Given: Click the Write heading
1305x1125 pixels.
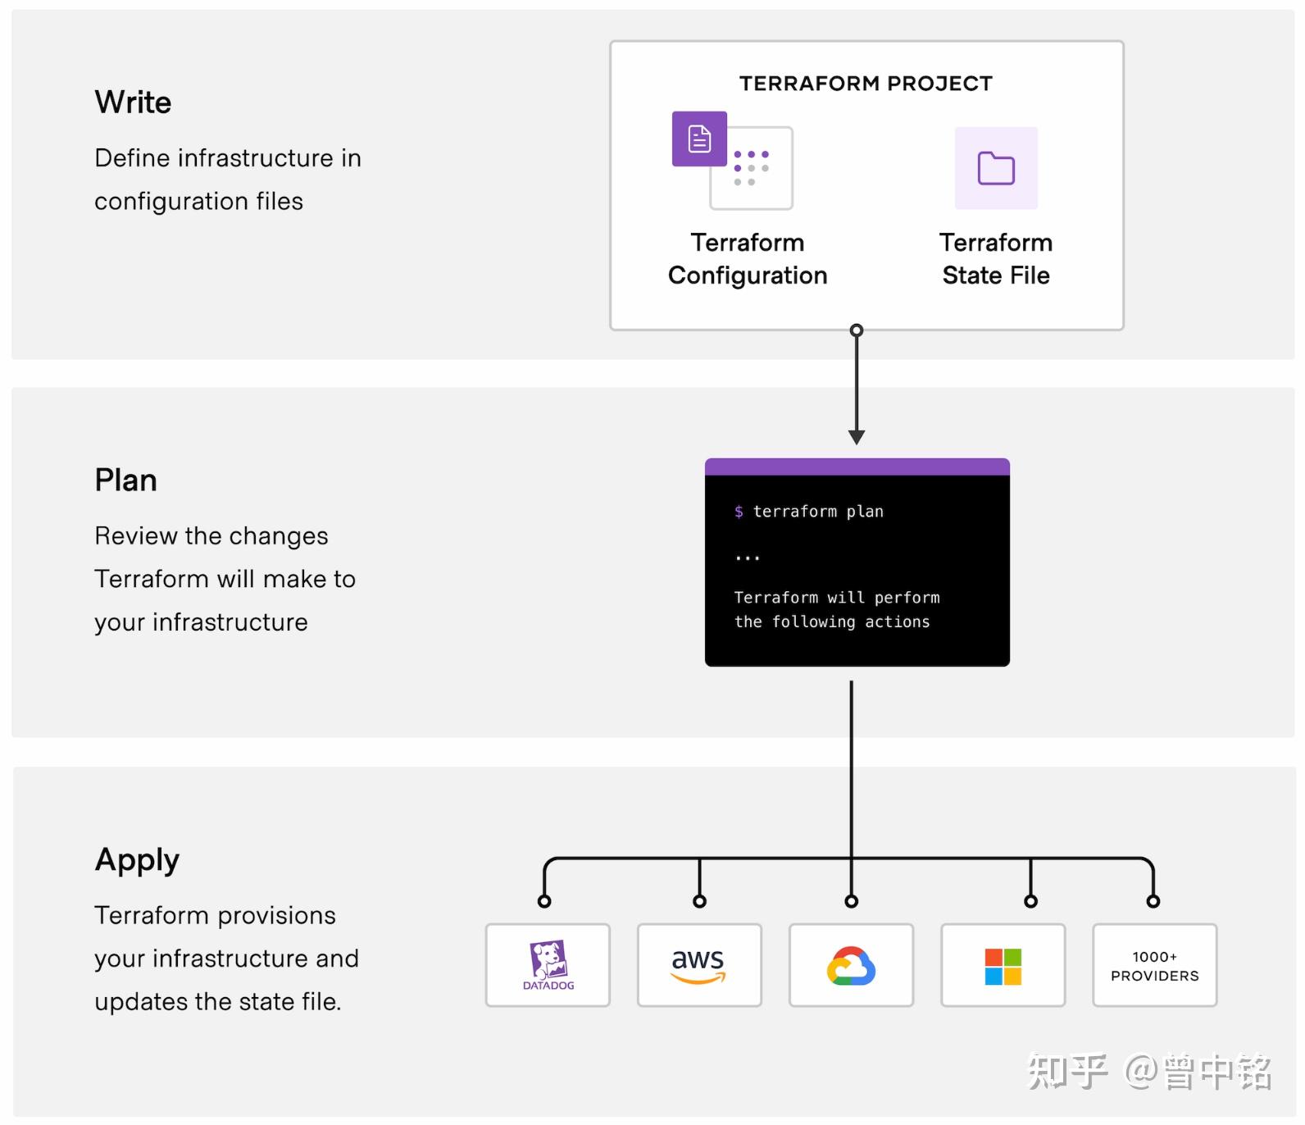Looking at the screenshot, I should click(x=133, y=102).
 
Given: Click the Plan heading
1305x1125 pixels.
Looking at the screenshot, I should click(x=125, y=481).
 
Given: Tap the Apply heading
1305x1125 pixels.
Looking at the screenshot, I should click(x=137, y=860).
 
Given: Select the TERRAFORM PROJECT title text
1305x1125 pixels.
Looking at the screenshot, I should click(x=866, y=84).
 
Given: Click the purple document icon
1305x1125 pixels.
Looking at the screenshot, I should click(x=699, y=139).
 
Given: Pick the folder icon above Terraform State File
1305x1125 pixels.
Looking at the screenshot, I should click(x=996, y=168).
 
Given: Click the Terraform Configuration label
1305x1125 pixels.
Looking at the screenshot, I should click(x=748, y=259).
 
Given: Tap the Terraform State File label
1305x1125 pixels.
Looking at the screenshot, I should click(x=996, y=259).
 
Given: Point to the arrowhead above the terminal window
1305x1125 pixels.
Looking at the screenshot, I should click(x=857, y=437).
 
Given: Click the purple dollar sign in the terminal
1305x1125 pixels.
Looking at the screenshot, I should click(x=739, y=512).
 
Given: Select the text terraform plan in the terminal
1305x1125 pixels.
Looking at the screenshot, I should click(x=818, y=512).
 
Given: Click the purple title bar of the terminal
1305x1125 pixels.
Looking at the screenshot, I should click(x=857, y=467).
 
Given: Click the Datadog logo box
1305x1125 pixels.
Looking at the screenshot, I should click(x=548, y=965).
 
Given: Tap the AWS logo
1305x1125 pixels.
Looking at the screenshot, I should click(x=698, y=964).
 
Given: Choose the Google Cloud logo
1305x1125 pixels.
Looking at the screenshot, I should click(x=851, y=965).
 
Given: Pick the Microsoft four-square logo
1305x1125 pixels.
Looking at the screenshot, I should click(x=1003, y=966).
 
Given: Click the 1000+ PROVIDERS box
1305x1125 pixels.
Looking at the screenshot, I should click(x=1154, y=966).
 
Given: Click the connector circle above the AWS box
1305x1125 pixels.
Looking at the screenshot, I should click(x=699, y=901).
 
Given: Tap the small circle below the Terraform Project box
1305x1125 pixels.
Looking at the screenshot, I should click(x=857, y=330).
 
